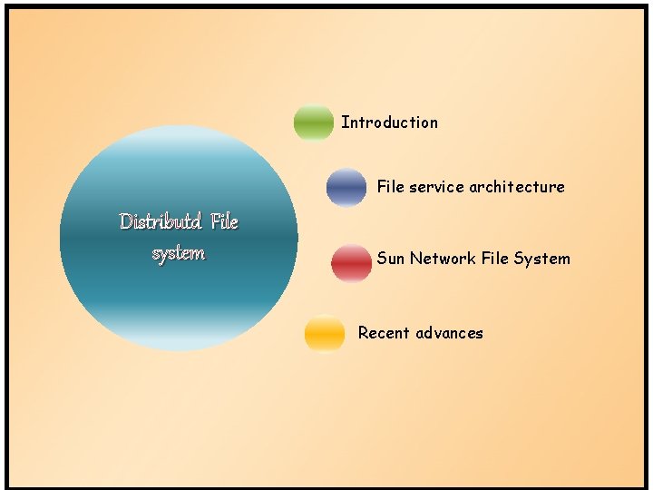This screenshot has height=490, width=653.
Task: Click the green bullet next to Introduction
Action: tap(314, 122)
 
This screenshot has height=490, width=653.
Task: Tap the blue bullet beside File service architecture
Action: tap(346, 187)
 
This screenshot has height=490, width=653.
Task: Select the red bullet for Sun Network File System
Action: tap(352, 262)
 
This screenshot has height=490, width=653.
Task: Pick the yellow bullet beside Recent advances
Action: tap(325, 333)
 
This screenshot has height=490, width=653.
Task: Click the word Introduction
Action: tap(389, 122)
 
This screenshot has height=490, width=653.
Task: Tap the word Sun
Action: tap(391, 259)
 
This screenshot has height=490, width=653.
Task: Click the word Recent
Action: tap(384, 333)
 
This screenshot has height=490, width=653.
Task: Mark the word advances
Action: tap(450, 333)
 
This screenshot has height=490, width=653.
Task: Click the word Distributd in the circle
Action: tap(160, 221)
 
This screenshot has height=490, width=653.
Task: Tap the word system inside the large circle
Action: tap(179, 253)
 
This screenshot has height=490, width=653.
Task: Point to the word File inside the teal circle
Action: tap(223, 221)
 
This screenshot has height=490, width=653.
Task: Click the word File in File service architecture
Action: tap(391, 187)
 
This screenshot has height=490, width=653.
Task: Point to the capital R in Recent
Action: tap(364, 333)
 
